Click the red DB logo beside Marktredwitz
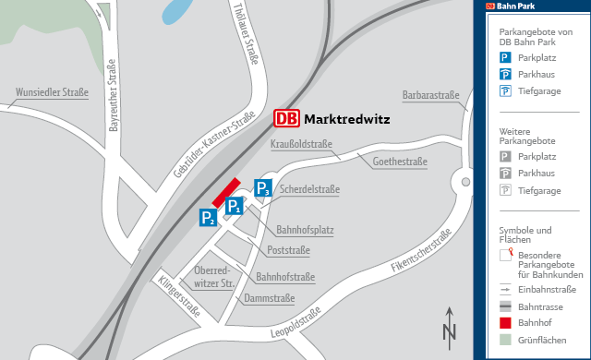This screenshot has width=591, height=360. [x=286, y=119]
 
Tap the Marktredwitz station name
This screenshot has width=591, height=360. [x=346, y=119]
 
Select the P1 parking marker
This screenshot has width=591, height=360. [x=235, y=206]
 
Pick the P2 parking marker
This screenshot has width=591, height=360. [x=208, y=218]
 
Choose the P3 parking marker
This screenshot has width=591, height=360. [x=262, y=188]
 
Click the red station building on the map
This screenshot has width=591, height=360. [x=226, y=192]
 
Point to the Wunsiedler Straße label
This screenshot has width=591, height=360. [x=52, y=93]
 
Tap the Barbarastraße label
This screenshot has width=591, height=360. [x=430, y=95]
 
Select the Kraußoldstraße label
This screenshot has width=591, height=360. [x=301, y=144]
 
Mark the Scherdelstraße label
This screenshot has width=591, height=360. [x=309, y=190]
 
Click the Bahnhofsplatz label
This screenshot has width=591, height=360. [x=305, y=230]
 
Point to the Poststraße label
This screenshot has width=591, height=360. [x=288, y=251]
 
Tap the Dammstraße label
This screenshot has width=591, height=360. [x=269, y=298]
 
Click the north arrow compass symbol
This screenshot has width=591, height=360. [x=450, y=325]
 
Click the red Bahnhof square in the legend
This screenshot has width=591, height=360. [x=505, y=322]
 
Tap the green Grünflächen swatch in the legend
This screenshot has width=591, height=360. [x=505, y=340]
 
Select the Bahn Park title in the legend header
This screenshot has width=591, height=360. [x=517, y=6]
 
